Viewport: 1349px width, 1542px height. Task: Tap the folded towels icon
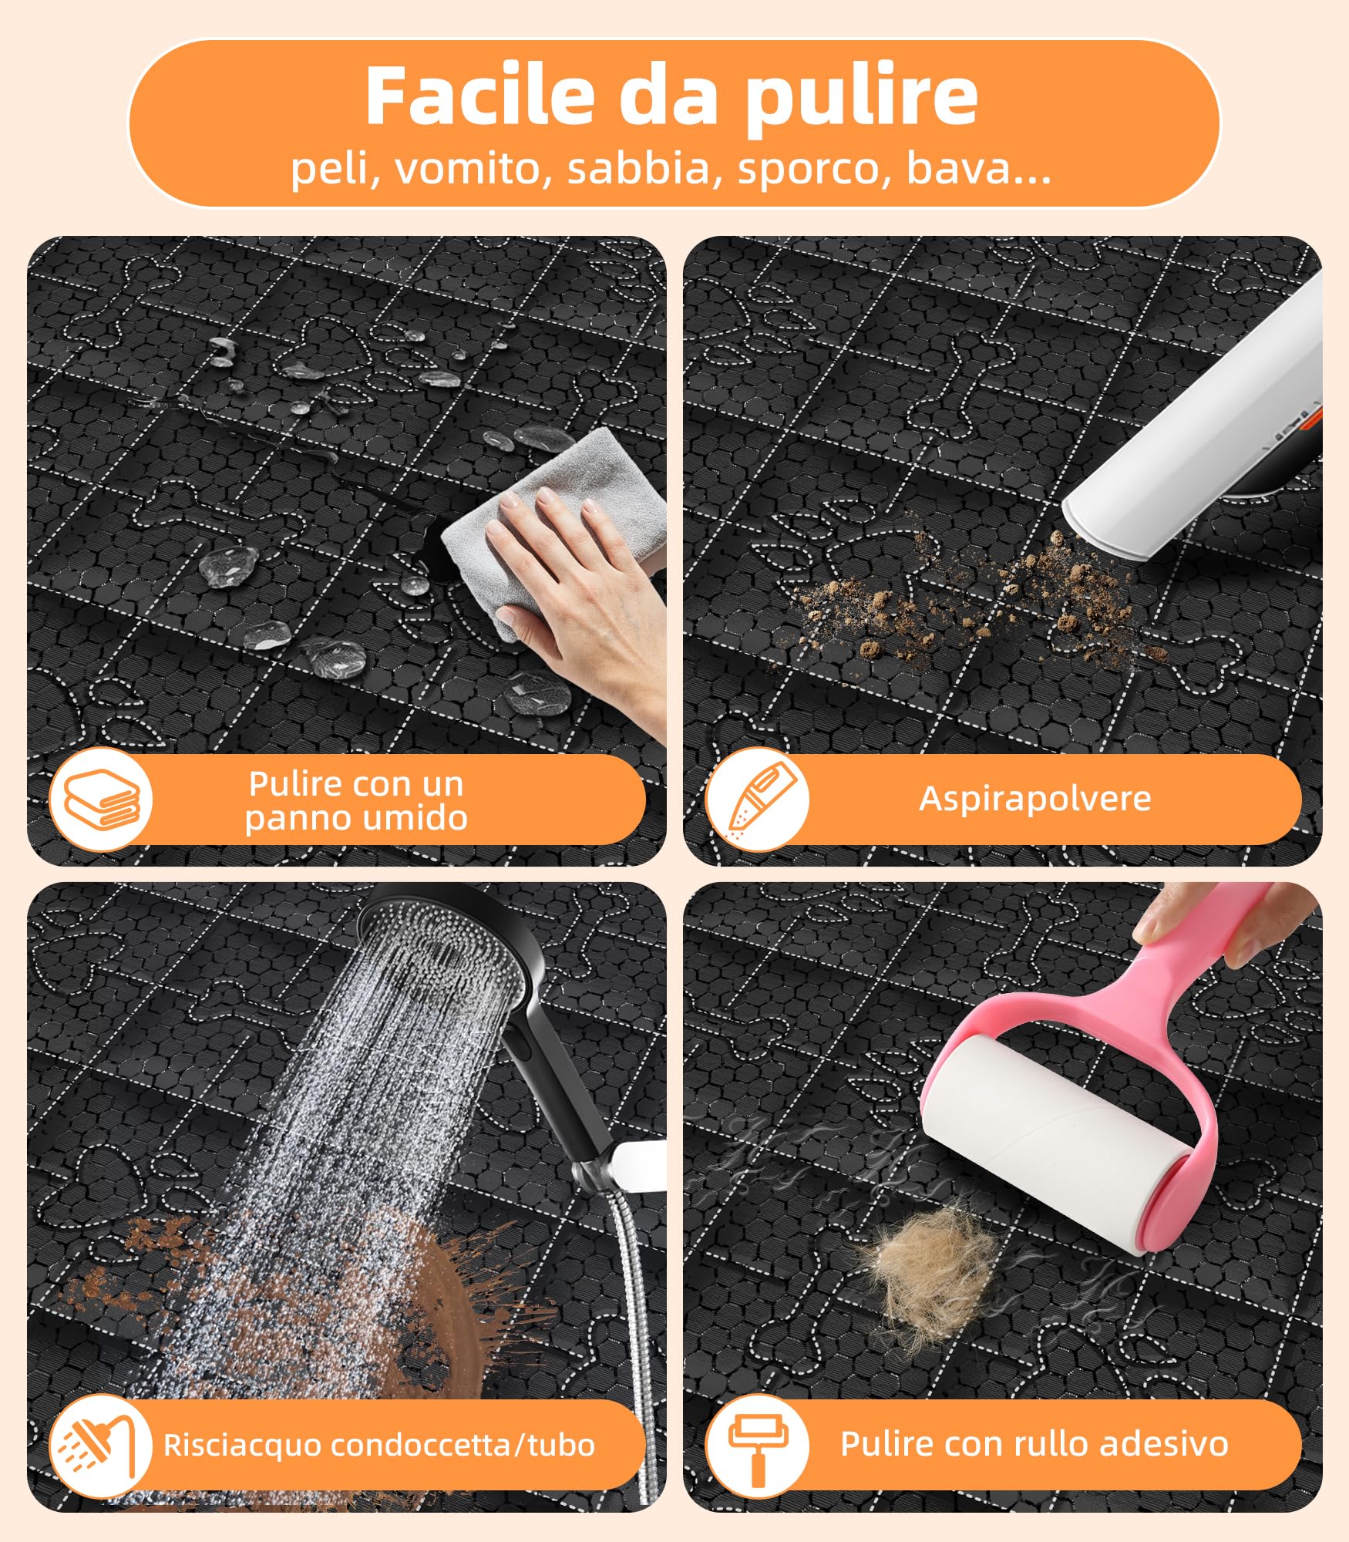coord(101,800)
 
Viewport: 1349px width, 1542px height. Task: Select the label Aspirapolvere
coord(1034,799)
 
